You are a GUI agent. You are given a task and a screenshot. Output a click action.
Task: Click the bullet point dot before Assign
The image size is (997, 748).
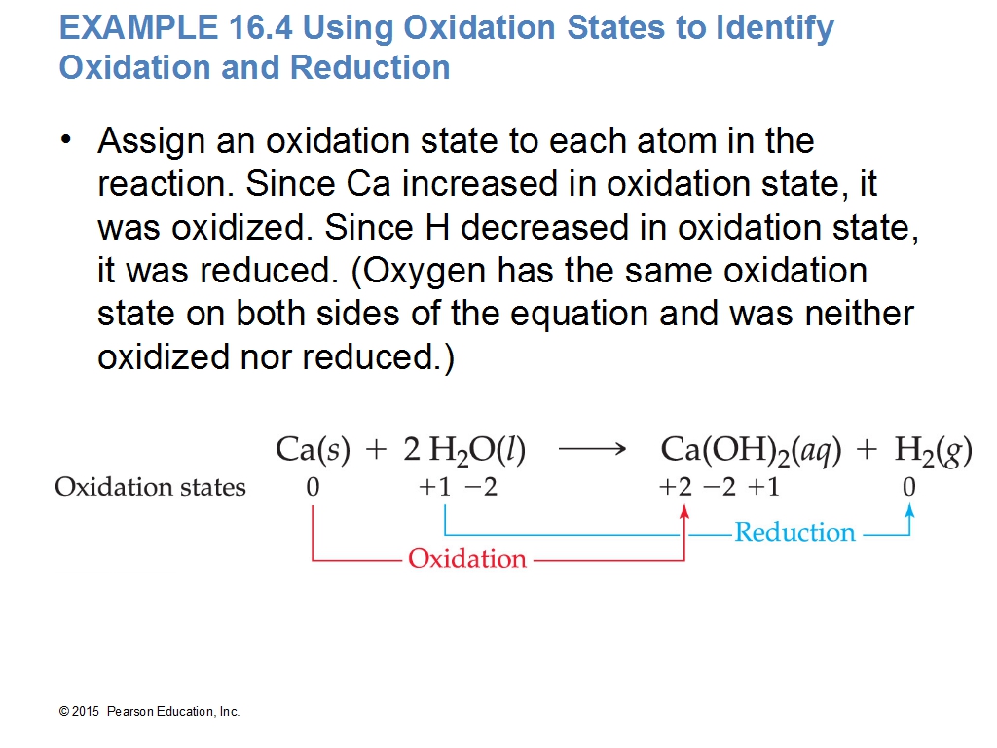coord(66,139)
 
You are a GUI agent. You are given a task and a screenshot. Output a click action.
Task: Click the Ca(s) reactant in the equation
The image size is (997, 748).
coord(313,449)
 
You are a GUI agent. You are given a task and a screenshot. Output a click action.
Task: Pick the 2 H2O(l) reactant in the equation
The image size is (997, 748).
coord(464,450)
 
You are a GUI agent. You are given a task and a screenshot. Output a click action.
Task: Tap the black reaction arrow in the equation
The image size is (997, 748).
coord(593,449)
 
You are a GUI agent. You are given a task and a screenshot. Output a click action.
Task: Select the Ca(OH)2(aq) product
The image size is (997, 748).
coord(751,450)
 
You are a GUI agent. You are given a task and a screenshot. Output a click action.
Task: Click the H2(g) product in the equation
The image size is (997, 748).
coord(934,450)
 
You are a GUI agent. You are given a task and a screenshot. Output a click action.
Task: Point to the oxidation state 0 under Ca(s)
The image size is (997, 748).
coord(313,487)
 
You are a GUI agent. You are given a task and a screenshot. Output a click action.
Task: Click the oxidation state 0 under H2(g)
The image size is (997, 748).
coord(909,487)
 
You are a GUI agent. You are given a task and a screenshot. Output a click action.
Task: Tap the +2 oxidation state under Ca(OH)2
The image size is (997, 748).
coord(676,487)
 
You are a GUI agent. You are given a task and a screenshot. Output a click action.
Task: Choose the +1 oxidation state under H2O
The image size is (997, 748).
coord(435,487)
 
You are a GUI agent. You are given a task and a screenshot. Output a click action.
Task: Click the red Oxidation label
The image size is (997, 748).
coord(467,558)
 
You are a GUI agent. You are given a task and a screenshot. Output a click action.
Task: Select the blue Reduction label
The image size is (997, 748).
coord(794,532)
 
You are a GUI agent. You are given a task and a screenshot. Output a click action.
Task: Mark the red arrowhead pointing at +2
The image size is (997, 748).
coord(684,511)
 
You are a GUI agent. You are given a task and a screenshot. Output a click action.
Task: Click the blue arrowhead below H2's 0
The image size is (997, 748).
coord(910,509)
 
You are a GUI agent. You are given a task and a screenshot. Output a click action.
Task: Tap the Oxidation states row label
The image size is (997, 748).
coord(150,487)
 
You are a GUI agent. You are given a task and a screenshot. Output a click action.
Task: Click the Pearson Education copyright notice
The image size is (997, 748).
coord(149,712)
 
